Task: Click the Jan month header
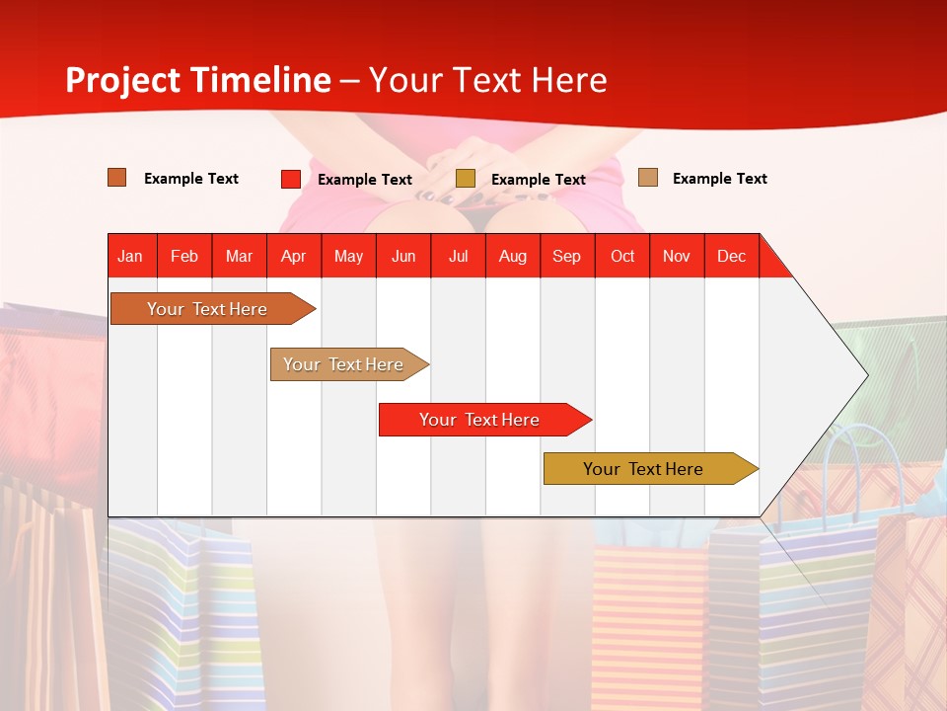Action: coord(130,256)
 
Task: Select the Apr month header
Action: coord(293,256)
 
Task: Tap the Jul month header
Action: coord(458,256)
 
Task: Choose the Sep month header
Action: coord(566,256)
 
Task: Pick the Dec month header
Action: coord(731,256)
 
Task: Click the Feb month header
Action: coord(184,256)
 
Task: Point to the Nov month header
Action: coord(676,256)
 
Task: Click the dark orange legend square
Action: coord(116,178)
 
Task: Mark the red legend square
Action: coord(290,179)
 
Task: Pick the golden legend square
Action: coord(465,179)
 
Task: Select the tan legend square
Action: coord(647,178)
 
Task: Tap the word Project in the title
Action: coord(122,80)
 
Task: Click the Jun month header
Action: coord(402,256)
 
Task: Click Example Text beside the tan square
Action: coord(719,178)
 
